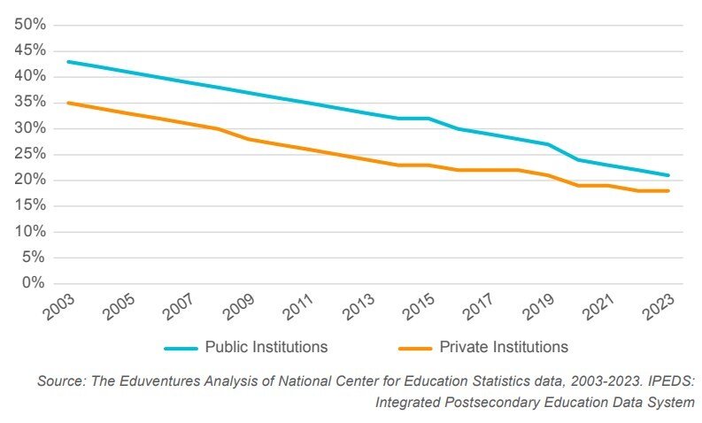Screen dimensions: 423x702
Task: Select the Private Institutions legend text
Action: click(503, 347)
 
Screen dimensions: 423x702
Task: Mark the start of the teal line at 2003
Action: click(67, 62)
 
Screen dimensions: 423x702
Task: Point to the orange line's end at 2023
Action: click(668, 191)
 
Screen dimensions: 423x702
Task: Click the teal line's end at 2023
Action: click(668, 175)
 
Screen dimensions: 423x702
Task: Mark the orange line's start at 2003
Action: click(67, 103)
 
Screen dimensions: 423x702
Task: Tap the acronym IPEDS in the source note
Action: click(667, 381)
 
